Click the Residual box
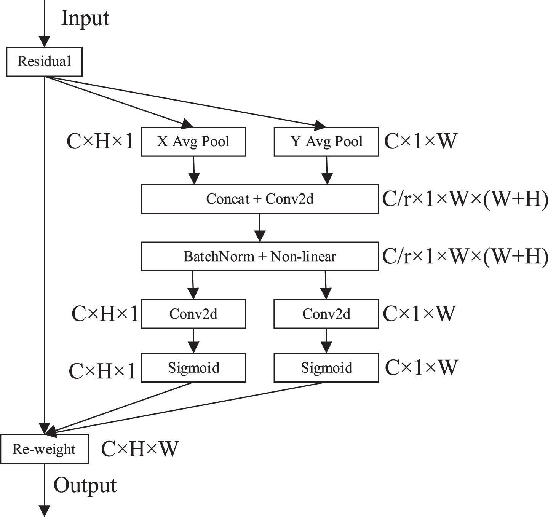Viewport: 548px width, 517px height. click(44, 62)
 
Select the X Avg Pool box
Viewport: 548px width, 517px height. click(193, 142)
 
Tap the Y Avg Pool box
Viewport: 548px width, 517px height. click(326, 142)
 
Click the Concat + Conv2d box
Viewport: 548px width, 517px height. click(260, 199)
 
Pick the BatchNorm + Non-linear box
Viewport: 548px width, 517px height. click(260, 257)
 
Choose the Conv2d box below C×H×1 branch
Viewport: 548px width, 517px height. click(193, 314)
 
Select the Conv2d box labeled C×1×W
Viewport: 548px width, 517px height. click(326, 314)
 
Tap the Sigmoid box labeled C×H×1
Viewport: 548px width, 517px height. click(193, 368)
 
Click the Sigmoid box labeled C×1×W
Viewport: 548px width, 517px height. click(326, 368)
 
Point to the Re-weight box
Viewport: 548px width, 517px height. click(44, 449)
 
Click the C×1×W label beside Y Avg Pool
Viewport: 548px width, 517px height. click(420, 142)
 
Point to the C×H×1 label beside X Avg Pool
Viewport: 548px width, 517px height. click(100, 142)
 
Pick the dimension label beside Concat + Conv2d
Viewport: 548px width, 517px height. click(465, 199)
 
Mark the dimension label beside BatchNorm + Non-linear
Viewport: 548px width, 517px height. click(465, 257)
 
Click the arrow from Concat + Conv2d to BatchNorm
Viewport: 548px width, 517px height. click(260, 228)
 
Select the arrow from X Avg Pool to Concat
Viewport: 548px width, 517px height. click(194, 171)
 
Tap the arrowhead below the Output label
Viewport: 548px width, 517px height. click(44, 511)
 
